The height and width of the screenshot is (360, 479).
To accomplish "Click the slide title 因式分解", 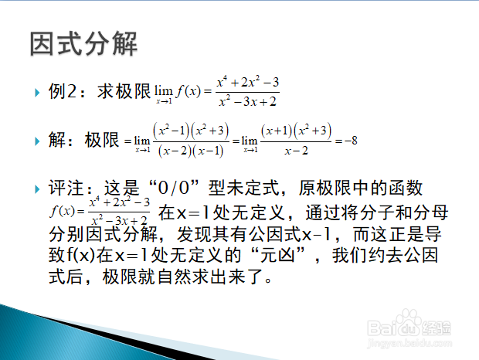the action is [83, 44].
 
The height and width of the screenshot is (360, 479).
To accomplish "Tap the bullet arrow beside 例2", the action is [37, 93].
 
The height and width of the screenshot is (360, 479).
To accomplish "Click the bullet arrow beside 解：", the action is [37, 141].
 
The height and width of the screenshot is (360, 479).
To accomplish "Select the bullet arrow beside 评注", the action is [37, 189].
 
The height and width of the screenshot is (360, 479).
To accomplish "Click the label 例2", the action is [62, 91].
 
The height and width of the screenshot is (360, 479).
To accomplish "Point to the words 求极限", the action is [124, 91].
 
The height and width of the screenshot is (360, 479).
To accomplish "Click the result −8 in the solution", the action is [351, 141].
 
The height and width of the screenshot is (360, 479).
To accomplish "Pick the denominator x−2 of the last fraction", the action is [297, 151].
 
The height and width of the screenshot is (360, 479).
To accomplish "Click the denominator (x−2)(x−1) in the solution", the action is [191, 151].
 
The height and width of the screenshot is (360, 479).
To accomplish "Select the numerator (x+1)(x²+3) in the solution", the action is [296, 131].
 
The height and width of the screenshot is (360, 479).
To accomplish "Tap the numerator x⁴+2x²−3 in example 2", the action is [248, 82].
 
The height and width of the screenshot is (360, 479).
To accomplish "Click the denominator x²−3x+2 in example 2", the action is [248, 101].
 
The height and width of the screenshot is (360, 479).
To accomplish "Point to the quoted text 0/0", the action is [174, 188].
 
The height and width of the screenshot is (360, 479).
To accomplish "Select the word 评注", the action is [66, 188].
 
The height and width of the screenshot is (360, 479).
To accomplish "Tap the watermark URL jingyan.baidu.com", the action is [409, 343].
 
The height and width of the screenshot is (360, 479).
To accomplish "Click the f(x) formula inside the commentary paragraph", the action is [100, 211].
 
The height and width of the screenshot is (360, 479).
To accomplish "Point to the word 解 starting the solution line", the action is [57, 140].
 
